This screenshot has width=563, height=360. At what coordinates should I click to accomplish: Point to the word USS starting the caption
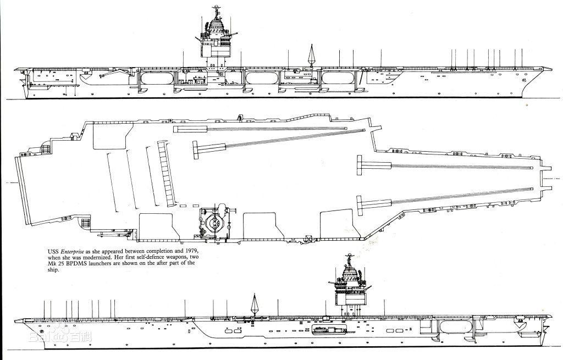click(53, 252)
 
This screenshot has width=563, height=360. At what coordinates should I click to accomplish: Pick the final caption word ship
click(52, 269)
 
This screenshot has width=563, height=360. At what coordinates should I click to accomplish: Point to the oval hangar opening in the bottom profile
click(456, 327)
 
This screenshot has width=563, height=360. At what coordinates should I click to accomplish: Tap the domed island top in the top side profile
click(216, 26)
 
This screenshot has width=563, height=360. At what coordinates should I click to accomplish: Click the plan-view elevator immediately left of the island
click(159, 226)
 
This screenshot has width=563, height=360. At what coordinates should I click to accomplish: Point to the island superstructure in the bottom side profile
click(350, 287)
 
